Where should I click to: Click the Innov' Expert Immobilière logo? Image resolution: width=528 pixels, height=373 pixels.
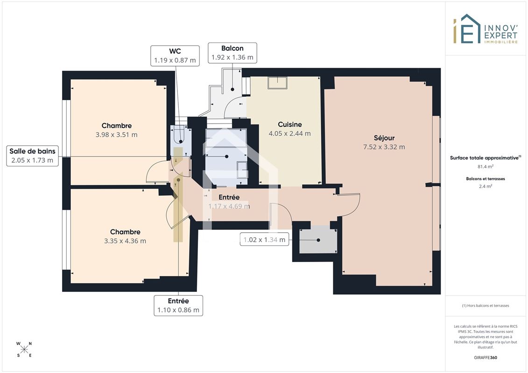[x=485, y=29]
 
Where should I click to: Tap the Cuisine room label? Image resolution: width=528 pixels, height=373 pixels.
[x=289, y=124]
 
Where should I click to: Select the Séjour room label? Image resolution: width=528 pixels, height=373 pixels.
[x=384, y=138]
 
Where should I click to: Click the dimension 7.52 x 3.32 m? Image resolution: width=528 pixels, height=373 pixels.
[x=384, y=147]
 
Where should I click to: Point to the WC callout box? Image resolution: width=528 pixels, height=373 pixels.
[x=175, y=55]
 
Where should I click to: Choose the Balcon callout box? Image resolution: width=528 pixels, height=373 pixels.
[x=232, y=53]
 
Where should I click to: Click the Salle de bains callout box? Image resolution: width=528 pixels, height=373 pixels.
[x=32, y=156]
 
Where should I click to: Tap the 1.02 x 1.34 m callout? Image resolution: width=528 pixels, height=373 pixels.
[x=264, y=240]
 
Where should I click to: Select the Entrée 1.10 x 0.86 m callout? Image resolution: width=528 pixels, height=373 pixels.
[x=178, y=305]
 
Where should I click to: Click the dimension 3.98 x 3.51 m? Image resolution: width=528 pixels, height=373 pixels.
[x=117, y=135]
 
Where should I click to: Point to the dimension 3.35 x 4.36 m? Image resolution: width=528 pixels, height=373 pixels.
[x=125, y=241]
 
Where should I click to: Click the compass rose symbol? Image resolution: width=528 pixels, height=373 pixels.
[x=24, y=350]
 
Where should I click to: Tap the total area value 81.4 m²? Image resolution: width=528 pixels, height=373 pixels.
[x=485, y=166]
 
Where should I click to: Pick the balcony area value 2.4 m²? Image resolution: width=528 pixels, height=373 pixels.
[x=485, y=186]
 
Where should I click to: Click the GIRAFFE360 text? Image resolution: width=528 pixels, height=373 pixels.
[x=485, y=358]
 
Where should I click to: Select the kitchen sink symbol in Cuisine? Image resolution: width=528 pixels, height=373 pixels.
[x=277, y=83]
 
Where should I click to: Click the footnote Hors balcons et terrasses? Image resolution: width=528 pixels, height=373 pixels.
[x=485, y=306]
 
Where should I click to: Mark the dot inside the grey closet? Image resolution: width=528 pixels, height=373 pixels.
[x=318, y=240]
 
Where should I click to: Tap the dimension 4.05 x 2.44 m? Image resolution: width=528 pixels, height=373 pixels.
[x=289, y=133]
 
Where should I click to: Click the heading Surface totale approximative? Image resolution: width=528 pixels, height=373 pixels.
[x=484, y=158]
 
